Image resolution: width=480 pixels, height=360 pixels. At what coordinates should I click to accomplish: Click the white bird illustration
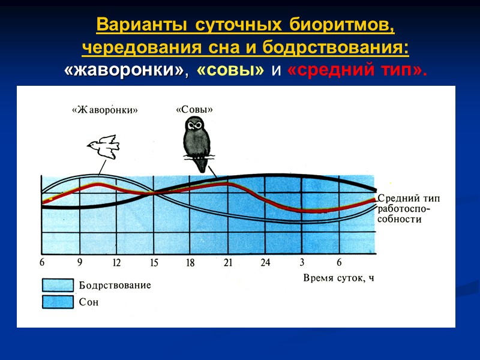[104, 146]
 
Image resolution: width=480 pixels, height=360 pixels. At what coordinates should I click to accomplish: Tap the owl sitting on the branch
[196, 138]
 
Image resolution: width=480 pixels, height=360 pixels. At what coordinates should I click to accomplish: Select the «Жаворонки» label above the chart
[104, 110]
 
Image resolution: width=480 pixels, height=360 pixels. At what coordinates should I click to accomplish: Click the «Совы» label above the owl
[194, 109]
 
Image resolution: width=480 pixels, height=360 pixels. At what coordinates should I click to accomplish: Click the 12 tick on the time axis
[116, 262]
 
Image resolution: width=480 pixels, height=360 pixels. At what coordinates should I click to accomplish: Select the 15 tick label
[154, 262]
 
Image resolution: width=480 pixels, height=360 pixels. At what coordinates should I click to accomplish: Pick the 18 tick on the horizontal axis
[191, 262]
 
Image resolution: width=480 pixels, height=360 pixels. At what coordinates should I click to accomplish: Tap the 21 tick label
[228, 262]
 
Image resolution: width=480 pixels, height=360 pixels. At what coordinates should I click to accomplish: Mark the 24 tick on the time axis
[266, 262]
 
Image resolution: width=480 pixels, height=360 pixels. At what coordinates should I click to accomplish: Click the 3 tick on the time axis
[302, 262]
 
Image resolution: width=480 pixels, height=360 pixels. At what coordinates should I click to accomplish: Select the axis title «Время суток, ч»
[338, 277]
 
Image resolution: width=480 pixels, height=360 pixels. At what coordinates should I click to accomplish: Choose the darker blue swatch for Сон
[57, 302]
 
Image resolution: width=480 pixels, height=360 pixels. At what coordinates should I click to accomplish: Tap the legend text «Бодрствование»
[115, 286]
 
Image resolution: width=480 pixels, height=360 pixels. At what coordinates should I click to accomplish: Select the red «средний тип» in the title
[358, 70]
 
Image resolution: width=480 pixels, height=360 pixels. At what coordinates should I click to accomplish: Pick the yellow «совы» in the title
[230, 70]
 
